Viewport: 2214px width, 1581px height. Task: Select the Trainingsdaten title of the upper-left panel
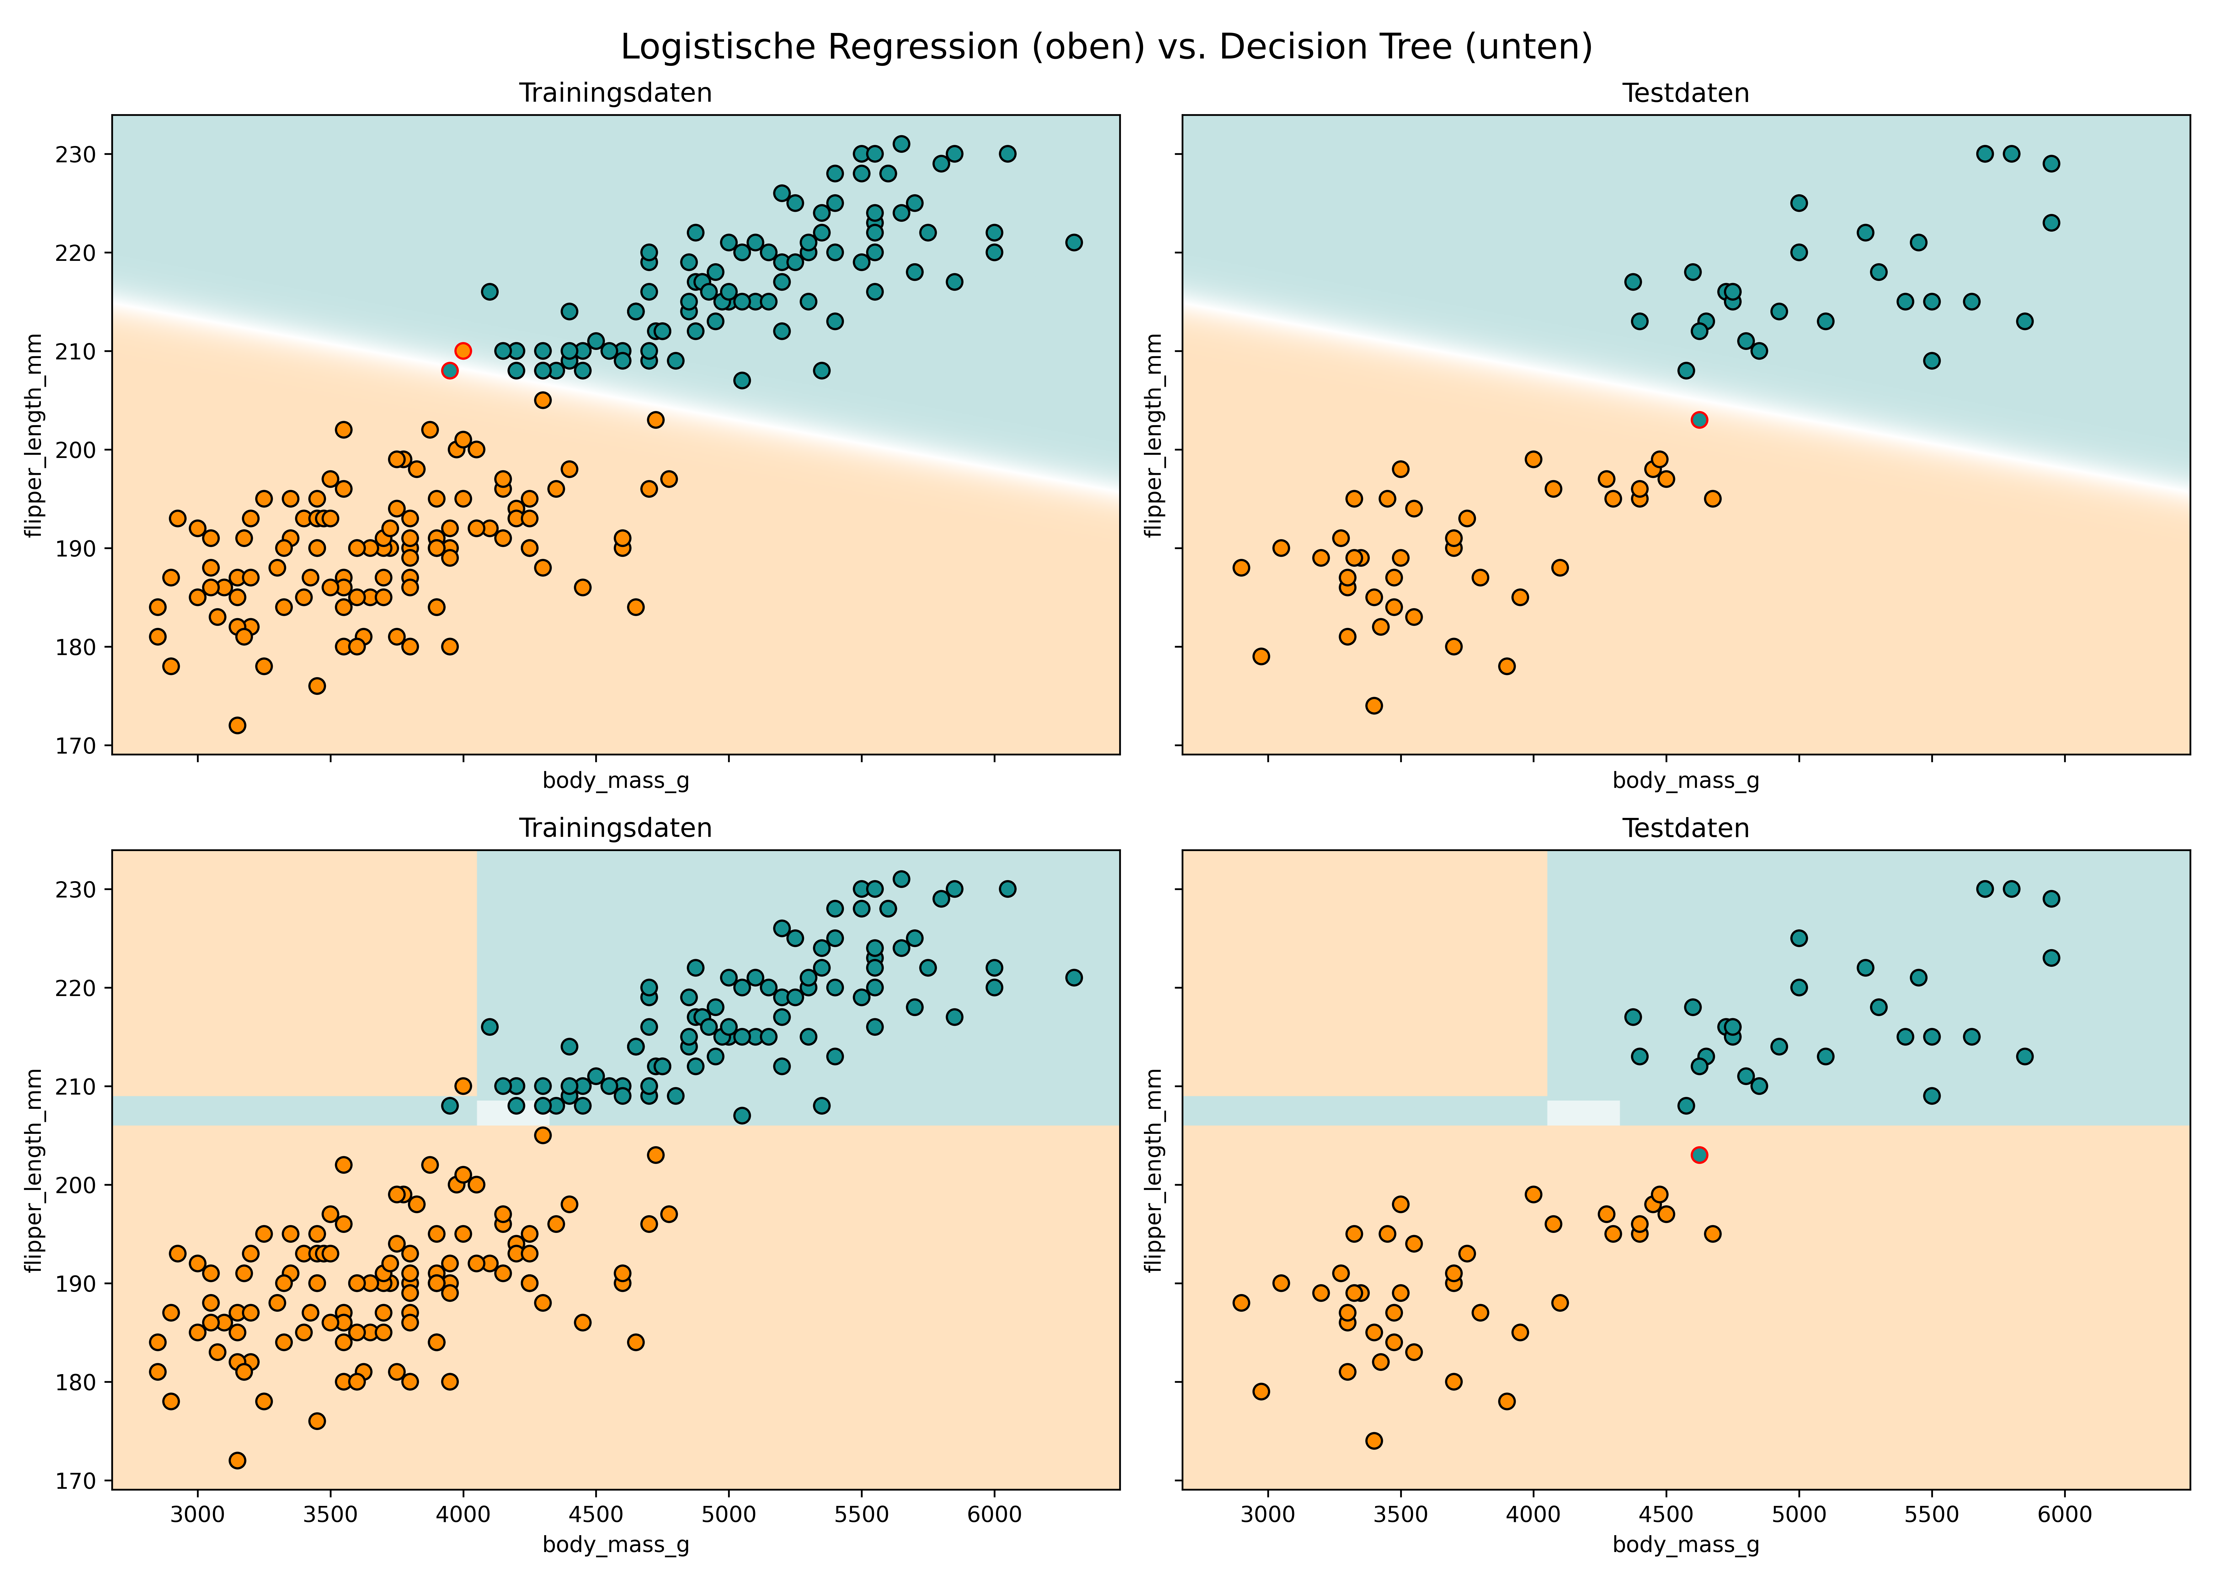click(x=615, y=94)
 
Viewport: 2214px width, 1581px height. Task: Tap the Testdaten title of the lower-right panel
click(x=1685, y=828)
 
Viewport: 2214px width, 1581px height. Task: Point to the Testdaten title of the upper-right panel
click(x=1685, y=94)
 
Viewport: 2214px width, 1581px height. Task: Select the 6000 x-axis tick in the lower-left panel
click(x=994, y=1515)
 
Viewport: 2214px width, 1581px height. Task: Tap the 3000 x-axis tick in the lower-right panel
click(x=1268, y=1515)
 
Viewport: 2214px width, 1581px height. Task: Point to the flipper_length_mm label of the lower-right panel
click(x=1155, y=1170)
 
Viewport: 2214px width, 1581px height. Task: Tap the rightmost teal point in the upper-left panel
click(x=1074, y=242)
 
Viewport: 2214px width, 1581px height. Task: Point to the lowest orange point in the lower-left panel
click(x=237, y=1460)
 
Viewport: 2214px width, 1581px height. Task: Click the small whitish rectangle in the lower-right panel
click(x=1583, y=1113)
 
